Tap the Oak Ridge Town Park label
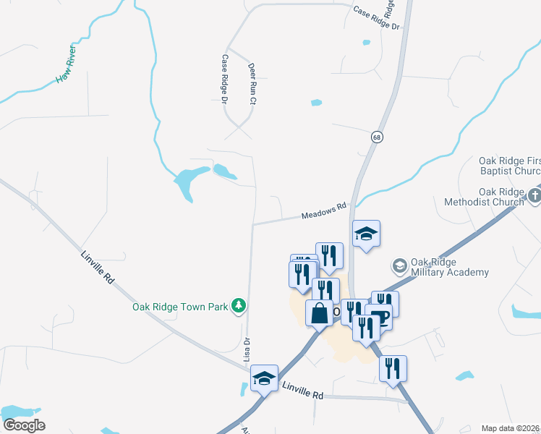[x=180, y=307]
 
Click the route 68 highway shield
[x=377, y=137]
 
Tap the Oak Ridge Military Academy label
[x=449, y=267]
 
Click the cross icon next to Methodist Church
[x=534, y=195]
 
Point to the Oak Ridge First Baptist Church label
[x=509, y=166]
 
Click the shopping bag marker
[x=319, y=314]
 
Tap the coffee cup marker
[x=378, y=316]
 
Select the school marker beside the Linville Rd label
[x=264, y=378]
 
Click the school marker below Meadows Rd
[x=366, y=234]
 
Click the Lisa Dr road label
[x=247, y=349]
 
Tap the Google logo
[x=24, y=425]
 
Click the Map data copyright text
[x=511, y=428]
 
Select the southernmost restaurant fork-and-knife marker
[x=393, y=367]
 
